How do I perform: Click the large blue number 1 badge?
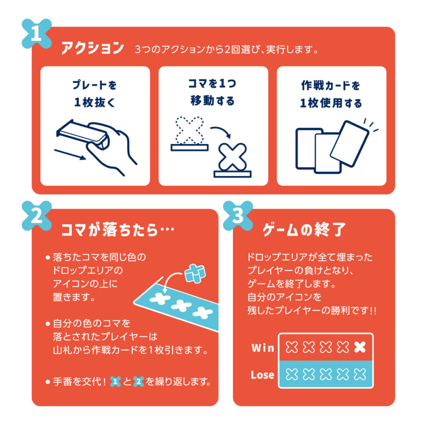coord(37,34)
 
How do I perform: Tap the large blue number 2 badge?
coord(37,216)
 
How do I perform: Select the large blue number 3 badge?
coord(238,216)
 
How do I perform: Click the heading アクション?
coord(93,48)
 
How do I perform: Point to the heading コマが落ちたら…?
coord(118,230)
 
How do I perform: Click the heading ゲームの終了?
coord(304,230)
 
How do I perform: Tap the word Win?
coord(263,348)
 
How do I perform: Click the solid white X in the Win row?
coord(360,347)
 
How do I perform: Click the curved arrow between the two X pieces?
coord(221,131)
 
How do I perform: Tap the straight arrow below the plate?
coord(70,155)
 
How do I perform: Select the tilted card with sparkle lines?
coord(350,143)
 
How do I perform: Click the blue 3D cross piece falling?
coord(194,273)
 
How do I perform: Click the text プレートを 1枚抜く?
coord(95,94)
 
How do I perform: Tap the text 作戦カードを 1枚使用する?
coord(331,94)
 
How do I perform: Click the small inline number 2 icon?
coord(139,382)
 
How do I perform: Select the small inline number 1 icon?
coord(116,382)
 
